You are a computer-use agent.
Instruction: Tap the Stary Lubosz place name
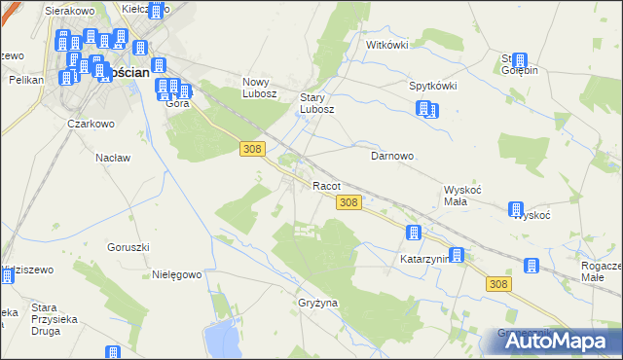317,103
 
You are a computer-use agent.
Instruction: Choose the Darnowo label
393,155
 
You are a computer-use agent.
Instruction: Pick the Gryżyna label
317,303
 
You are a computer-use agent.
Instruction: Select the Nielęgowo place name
176,274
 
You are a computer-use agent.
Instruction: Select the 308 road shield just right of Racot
350,202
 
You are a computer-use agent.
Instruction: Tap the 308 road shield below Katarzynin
498,283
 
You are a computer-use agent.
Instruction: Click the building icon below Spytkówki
426,109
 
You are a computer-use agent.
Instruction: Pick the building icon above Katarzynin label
414,234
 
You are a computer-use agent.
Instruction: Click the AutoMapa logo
560,341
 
